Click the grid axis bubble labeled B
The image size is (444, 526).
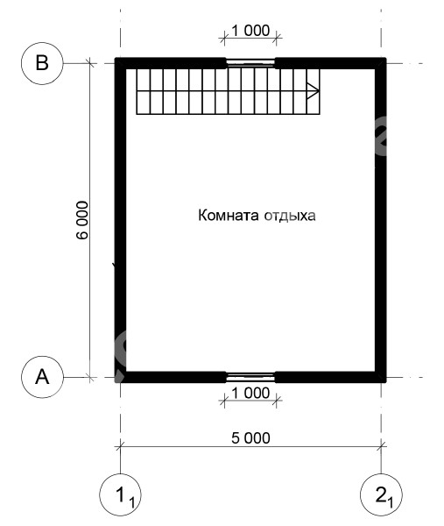42,63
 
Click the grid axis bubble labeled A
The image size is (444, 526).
42,377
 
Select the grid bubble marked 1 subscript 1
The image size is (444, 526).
120,494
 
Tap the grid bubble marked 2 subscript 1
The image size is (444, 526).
381,494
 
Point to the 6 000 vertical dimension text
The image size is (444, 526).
82,220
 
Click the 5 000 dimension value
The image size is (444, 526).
250,438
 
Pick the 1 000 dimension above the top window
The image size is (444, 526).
250,31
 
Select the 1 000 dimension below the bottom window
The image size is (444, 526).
250,393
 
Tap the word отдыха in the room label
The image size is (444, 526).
290,216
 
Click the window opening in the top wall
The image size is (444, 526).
250,63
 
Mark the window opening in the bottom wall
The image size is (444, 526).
250,377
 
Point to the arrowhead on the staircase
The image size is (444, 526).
313,91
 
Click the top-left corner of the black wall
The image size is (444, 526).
115,58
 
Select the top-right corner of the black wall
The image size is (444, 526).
386,58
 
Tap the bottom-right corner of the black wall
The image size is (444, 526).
386,382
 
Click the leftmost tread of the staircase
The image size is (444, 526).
143,91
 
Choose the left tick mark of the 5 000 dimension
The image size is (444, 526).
120,446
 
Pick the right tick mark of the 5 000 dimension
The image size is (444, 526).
381,446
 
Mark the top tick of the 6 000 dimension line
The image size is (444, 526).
90,63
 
